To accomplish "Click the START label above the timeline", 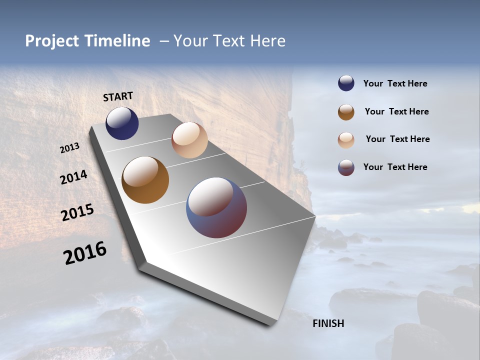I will pos(118,96).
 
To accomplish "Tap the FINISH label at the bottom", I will pos(328,323).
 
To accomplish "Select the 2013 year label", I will pos(70,148).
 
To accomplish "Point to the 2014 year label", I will pos(73,177).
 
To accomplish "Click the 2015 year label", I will pos(77,212).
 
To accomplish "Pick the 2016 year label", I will pos(85,252).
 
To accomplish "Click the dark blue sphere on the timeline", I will pos(122,123).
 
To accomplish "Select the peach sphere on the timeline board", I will pos(189,140).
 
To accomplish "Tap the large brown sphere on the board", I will pos(145,180).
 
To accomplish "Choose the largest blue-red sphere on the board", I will pos(216,207).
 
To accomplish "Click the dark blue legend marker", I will pos(346,83).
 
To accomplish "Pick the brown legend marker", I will pos(346,112).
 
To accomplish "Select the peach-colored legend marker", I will pos(346,140).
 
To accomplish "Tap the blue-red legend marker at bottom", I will pos(346,167).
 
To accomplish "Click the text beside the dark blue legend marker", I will pos(395,84).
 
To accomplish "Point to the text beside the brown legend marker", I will pos(396,111).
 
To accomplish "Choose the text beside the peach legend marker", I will pos(397,139).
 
